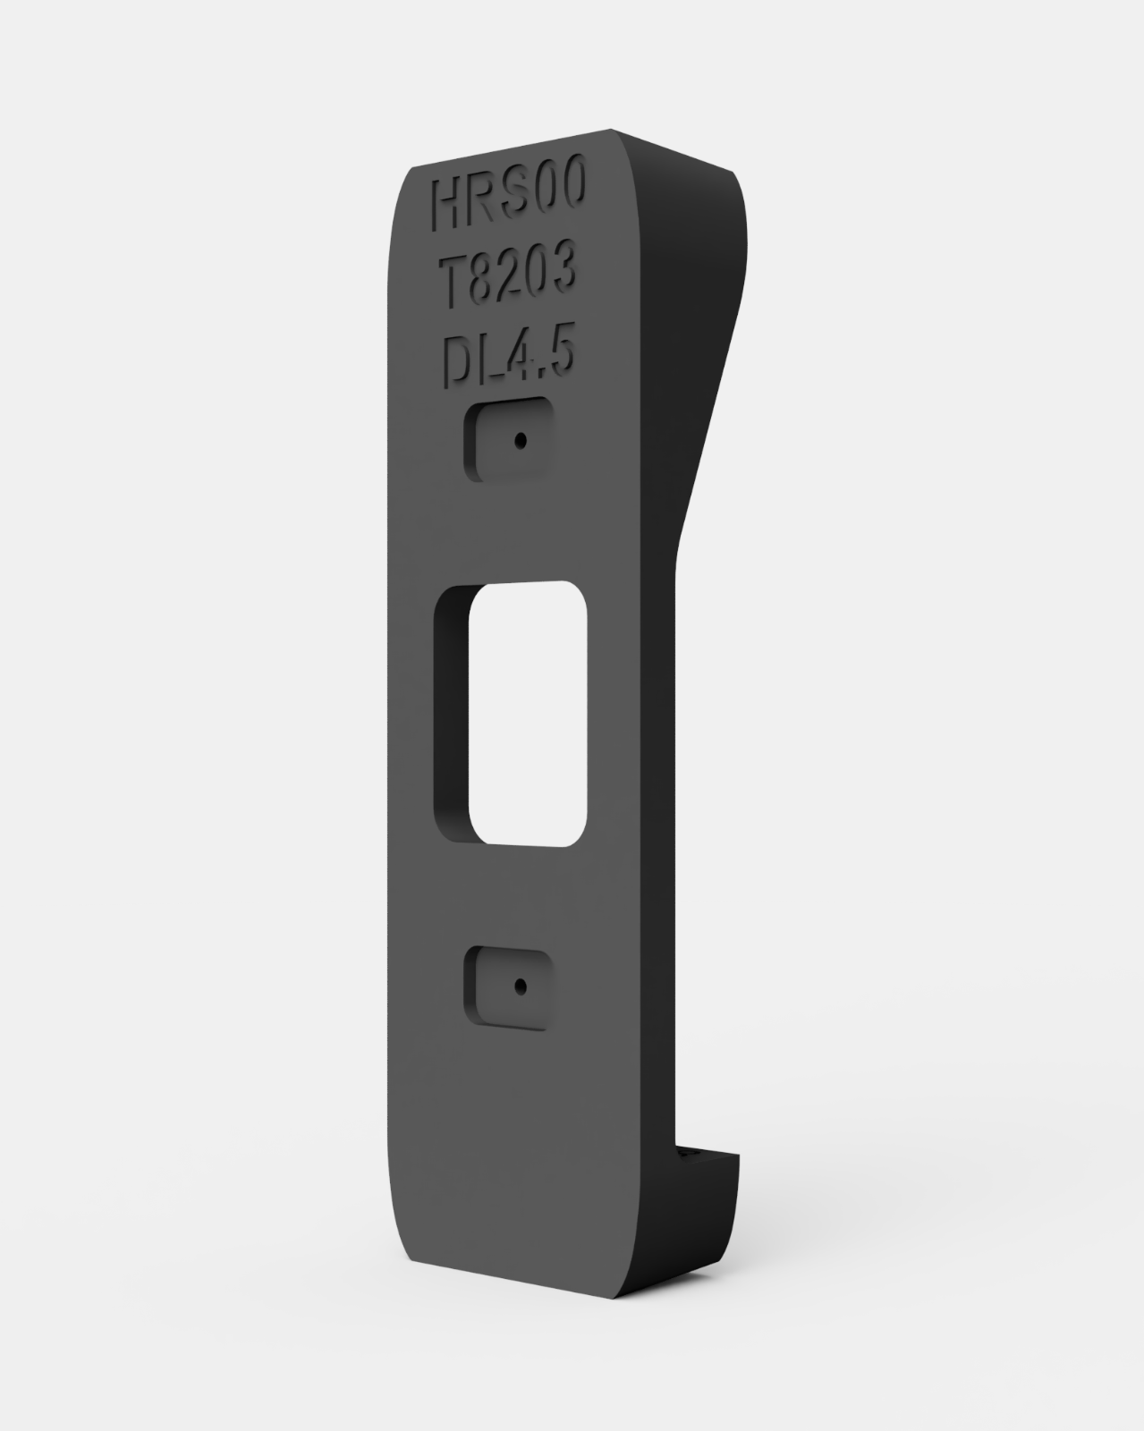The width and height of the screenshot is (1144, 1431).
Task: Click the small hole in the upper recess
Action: coord(519,441)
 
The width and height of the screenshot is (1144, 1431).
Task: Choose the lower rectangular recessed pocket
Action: coord(507,987)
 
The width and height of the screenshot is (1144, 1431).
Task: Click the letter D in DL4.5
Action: coord(456,363)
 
